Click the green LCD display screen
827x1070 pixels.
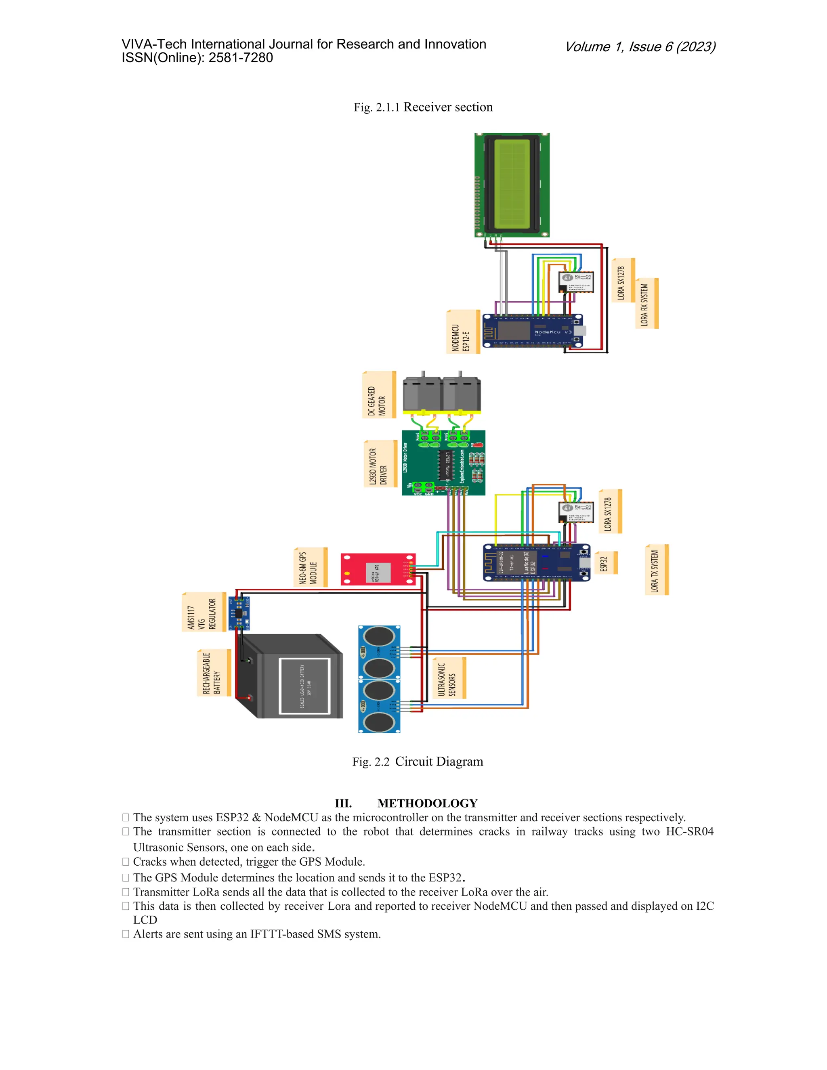[x=512, y=185]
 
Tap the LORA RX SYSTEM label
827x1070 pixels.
[x=646, y=304]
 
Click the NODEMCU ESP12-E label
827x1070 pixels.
[x=462, y=331]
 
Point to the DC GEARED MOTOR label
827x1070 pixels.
[x=378, y=395]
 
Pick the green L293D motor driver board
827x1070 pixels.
[x=443, y=462]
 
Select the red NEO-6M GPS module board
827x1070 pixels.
[x=378, y=569]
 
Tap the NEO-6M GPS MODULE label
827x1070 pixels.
[x=310, y=567]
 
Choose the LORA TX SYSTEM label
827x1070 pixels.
[x=656, y=570]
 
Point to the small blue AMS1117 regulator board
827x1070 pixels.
[x=239, y=613]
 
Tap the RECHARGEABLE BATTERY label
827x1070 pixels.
[x=213, y=673]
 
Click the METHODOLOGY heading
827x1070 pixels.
[x=427, y=803]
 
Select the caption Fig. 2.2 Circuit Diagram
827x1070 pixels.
[x=418, y=762]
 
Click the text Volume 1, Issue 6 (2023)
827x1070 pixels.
[x=640, y=47]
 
